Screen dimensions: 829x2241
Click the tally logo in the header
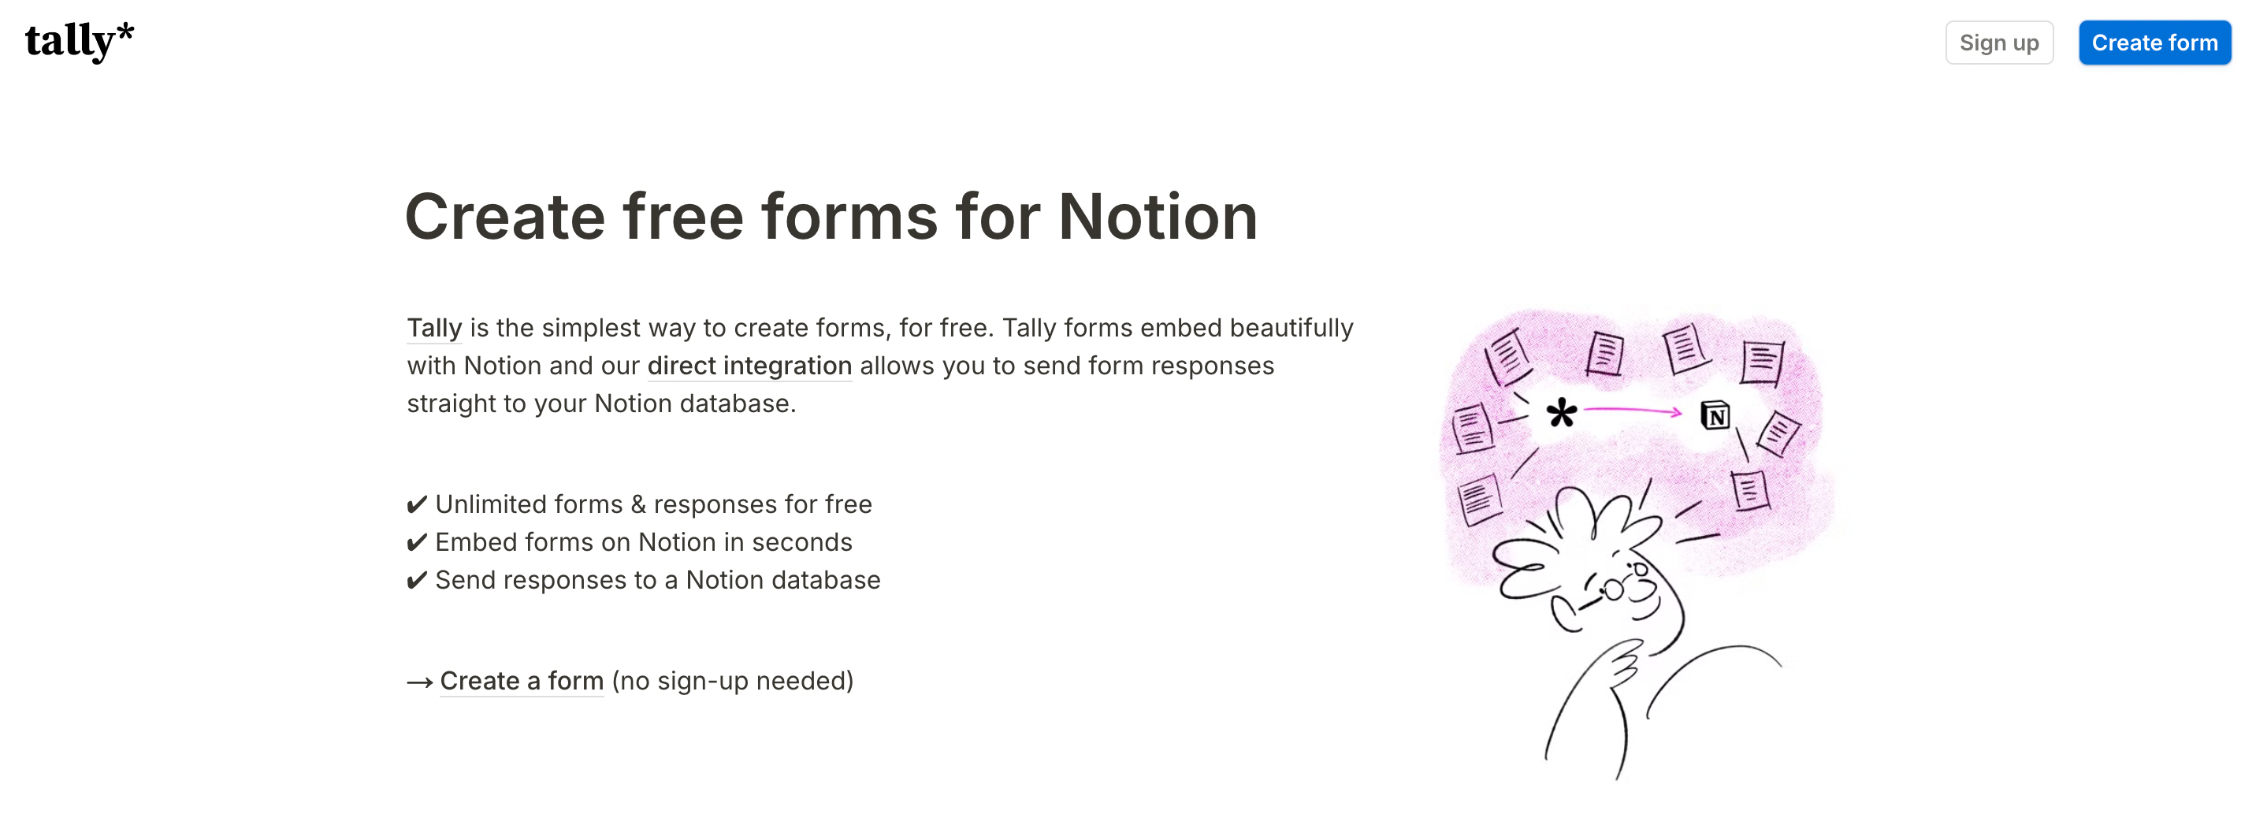(79, 41)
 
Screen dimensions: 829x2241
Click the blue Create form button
(2154, 43)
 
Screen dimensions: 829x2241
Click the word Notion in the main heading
(1157, 217)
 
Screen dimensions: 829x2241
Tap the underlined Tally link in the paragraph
(434, 328)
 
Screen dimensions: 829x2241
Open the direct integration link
(749, 366)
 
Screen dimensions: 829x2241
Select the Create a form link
(521, 680)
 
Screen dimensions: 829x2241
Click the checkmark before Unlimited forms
(417, 504)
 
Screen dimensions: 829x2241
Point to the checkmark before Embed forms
(417, 543)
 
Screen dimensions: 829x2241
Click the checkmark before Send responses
(417, 580)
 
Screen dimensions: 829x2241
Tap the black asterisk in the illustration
(1562, 412)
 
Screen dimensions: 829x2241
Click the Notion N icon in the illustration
(1715, 416)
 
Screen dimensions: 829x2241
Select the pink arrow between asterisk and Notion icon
(1632, 411)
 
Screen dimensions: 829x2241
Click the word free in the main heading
(682, 217)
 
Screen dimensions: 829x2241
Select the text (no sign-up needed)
(733, 680)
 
